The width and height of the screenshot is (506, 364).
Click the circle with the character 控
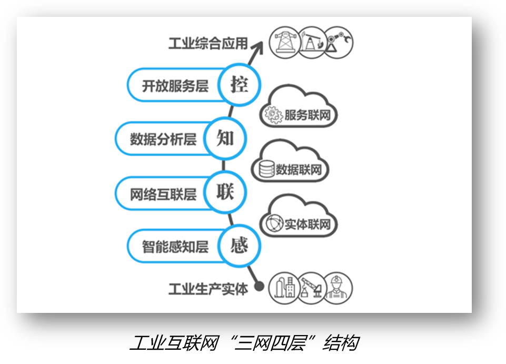click(239, 85)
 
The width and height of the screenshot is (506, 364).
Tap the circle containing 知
click(225, 138)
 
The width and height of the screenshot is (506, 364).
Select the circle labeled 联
click(225, 192)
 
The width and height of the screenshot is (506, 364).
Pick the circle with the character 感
click(239, 245)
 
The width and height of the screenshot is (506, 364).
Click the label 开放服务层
click(175, 86)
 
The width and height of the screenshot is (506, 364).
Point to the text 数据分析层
click(163, 140)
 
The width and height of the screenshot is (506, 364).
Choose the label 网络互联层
click(163, 194)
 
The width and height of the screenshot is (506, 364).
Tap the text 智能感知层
click(175, 247)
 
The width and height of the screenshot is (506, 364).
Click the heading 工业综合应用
click(208, 44)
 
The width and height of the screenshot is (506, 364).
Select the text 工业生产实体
click(208, 289)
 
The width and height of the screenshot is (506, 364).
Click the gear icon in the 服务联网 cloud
click(273, 115)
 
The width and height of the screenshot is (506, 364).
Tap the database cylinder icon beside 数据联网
click(266, 169)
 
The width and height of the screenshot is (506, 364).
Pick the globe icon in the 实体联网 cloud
click(274, 223)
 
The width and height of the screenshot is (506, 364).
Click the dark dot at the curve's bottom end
click(259, 286)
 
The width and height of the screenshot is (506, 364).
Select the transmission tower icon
click(285, 42)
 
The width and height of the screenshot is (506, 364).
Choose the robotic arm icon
click(338, 42)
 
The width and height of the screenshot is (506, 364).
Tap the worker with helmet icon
click(337, 288)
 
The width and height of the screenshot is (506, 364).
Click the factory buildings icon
click(285, 288)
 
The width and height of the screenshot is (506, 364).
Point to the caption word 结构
click(341, 343)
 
